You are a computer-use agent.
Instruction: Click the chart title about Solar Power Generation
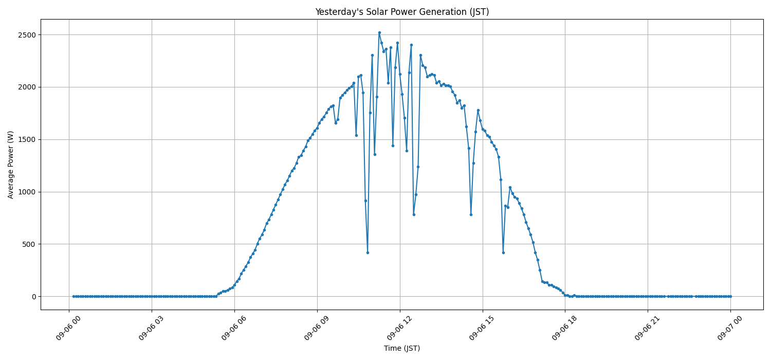pos(401,12)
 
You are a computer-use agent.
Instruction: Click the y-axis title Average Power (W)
pos(11,165)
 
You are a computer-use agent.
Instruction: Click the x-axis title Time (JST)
pos(401,348)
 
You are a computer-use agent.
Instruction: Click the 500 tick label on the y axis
pos(28,244)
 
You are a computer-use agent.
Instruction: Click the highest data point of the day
pos(379,32)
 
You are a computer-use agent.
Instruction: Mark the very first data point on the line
pos(74,296)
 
